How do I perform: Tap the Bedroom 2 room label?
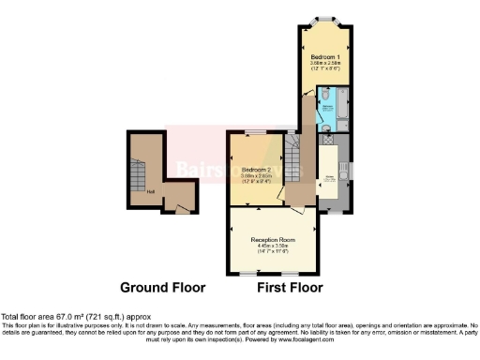click(255, 170)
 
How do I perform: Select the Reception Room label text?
click(273, 240)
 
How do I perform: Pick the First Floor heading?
click(291, 288)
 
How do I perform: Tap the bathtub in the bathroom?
click(342, 106)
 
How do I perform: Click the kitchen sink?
click(343, 173)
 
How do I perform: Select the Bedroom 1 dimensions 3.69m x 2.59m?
click(326, 66)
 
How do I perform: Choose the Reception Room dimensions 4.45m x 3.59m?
click(273, 248)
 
